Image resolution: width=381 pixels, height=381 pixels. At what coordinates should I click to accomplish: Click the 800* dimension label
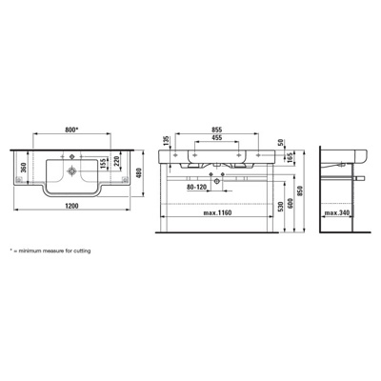(71, 130)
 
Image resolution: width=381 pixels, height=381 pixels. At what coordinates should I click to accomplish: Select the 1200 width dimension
(71, 206)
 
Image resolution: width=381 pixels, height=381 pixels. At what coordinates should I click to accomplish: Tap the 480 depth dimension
(138, 172)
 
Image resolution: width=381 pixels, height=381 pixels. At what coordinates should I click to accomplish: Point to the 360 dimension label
(23, 168)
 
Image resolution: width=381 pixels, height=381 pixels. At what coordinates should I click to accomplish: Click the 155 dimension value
(103, 163)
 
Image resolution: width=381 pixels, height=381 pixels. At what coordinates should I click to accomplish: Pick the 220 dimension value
(116, 162)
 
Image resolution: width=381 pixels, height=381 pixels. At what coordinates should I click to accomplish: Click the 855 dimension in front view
(217, 130)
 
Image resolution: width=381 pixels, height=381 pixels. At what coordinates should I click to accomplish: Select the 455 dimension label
(217, 137)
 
